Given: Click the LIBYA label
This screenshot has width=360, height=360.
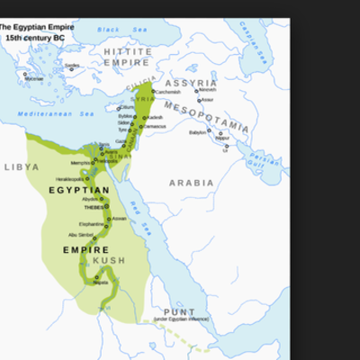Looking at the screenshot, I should pos(22,167).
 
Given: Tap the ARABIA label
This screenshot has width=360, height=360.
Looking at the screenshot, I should pos(192,183).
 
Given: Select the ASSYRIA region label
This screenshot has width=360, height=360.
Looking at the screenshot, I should pos(191,82).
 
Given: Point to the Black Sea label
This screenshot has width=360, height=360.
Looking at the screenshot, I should pos(109,30).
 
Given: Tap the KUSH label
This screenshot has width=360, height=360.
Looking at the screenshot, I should pos(109,261).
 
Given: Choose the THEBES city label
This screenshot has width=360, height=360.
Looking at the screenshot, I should pos(94,207).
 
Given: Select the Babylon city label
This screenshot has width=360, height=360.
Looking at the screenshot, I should pos(198,131).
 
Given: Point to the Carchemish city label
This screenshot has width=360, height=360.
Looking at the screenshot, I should pos(168,92).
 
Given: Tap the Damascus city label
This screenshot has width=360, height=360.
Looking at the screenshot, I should pos(154,126).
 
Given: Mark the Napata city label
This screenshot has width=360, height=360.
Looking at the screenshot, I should pos(101,283).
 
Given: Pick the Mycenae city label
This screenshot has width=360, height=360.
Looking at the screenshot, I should pos(33,79).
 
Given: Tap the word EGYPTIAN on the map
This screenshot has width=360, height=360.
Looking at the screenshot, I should pos(79,190).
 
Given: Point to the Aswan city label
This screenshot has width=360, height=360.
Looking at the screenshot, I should pos(120,219).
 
